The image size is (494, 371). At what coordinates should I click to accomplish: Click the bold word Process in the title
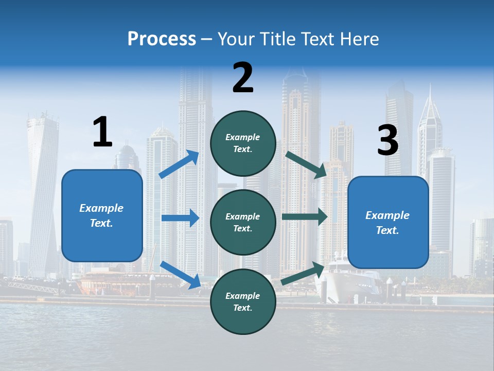[x=162, y=39]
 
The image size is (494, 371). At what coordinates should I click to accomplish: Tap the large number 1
[x=102, y=132]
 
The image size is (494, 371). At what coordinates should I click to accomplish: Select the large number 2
[x=243, y=78]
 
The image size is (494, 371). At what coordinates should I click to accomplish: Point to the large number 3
[x=387, y=141]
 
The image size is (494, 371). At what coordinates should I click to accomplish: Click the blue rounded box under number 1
[x=102, y=215]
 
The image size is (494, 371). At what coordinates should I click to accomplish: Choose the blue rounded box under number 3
[x=388, y=222]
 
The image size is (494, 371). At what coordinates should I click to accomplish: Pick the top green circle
[x=243, y=143]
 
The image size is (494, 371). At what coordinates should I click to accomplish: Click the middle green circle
[x=243, y=222]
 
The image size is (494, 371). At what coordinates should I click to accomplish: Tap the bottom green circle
[x=243, y=301]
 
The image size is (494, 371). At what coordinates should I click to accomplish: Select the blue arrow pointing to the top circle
[x=179, y=164]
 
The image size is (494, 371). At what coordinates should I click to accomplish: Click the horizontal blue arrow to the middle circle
[x=180, y=218]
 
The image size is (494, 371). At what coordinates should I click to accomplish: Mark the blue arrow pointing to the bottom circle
[x=180, y=275]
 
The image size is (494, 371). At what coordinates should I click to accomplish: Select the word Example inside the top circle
[x=243, y=137]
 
